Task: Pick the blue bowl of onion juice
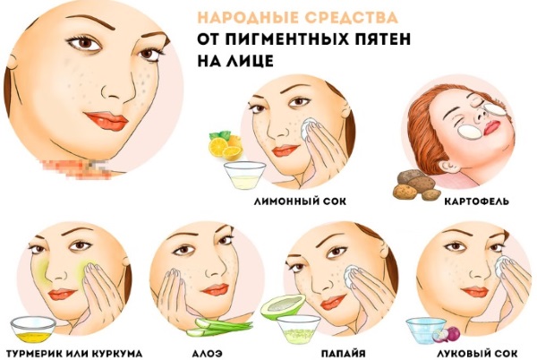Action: (421, 330)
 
